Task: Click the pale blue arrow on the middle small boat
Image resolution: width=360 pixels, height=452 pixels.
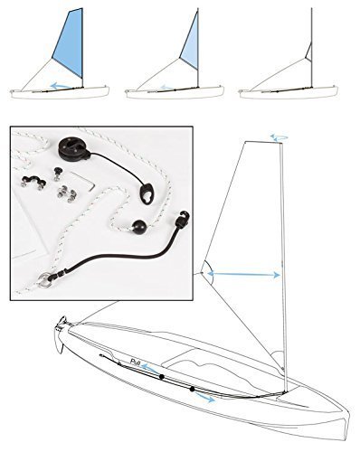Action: tap(166, 89)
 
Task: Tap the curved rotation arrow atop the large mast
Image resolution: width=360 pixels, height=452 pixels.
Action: tap(278, 137)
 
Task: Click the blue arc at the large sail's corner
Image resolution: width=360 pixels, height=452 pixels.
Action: tap(206, 269)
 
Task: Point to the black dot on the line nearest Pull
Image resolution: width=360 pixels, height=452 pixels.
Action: tap(160, 374)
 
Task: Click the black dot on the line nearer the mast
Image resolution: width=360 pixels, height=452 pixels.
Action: tap(193, 389)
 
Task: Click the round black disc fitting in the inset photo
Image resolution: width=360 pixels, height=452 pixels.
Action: tap(70, 150)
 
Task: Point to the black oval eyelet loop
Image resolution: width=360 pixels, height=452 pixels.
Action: tap(147, 193)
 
